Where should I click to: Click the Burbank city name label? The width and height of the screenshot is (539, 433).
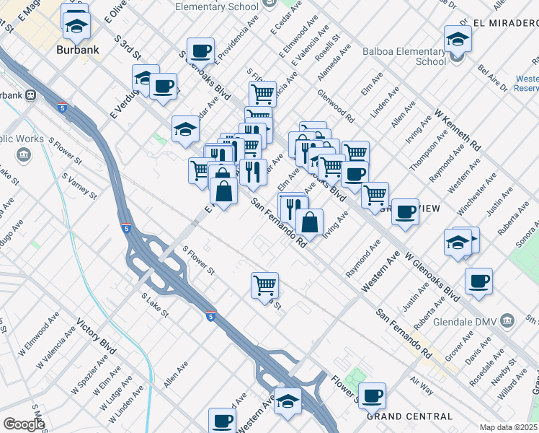78,51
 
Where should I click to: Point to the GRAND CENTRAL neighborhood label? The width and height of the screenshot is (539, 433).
409,416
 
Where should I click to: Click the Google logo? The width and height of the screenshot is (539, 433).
24,424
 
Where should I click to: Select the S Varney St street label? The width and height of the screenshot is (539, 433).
79,185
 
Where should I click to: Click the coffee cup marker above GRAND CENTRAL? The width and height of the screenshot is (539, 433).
372,395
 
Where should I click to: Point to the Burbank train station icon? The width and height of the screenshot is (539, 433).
31,95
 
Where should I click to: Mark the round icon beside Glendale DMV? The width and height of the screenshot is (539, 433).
507,320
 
